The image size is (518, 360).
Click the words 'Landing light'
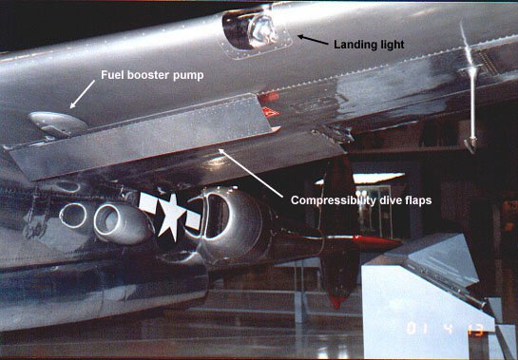pyautogui.click(x=369, y=45)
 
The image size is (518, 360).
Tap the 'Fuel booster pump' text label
pyautogui.click(x=152, y=75)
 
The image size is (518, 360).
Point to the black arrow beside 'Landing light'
pyautogui.click(x=313, y=40)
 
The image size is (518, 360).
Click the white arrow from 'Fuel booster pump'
pyautogui.click(x=83, y=94)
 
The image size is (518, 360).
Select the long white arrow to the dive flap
pyautogui.click(x=250, y=173)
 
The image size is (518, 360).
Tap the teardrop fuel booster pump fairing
pyautogui.click(x=57, y=123)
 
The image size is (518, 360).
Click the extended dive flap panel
pyautogui.click(x=142, y=137)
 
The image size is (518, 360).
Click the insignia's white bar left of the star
pyautogui.click(x=147, y=202)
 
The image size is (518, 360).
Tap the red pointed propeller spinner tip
pyautogui.click(x=380, y=243)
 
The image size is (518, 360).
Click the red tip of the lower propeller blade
pyautogui.click(x=337, y=301)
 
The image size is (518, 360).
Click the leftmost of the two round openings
pyautogui.click(x=73, y=216)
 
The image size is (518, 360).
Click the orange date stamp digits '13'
pyautogui.click(x=476, y=331)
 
